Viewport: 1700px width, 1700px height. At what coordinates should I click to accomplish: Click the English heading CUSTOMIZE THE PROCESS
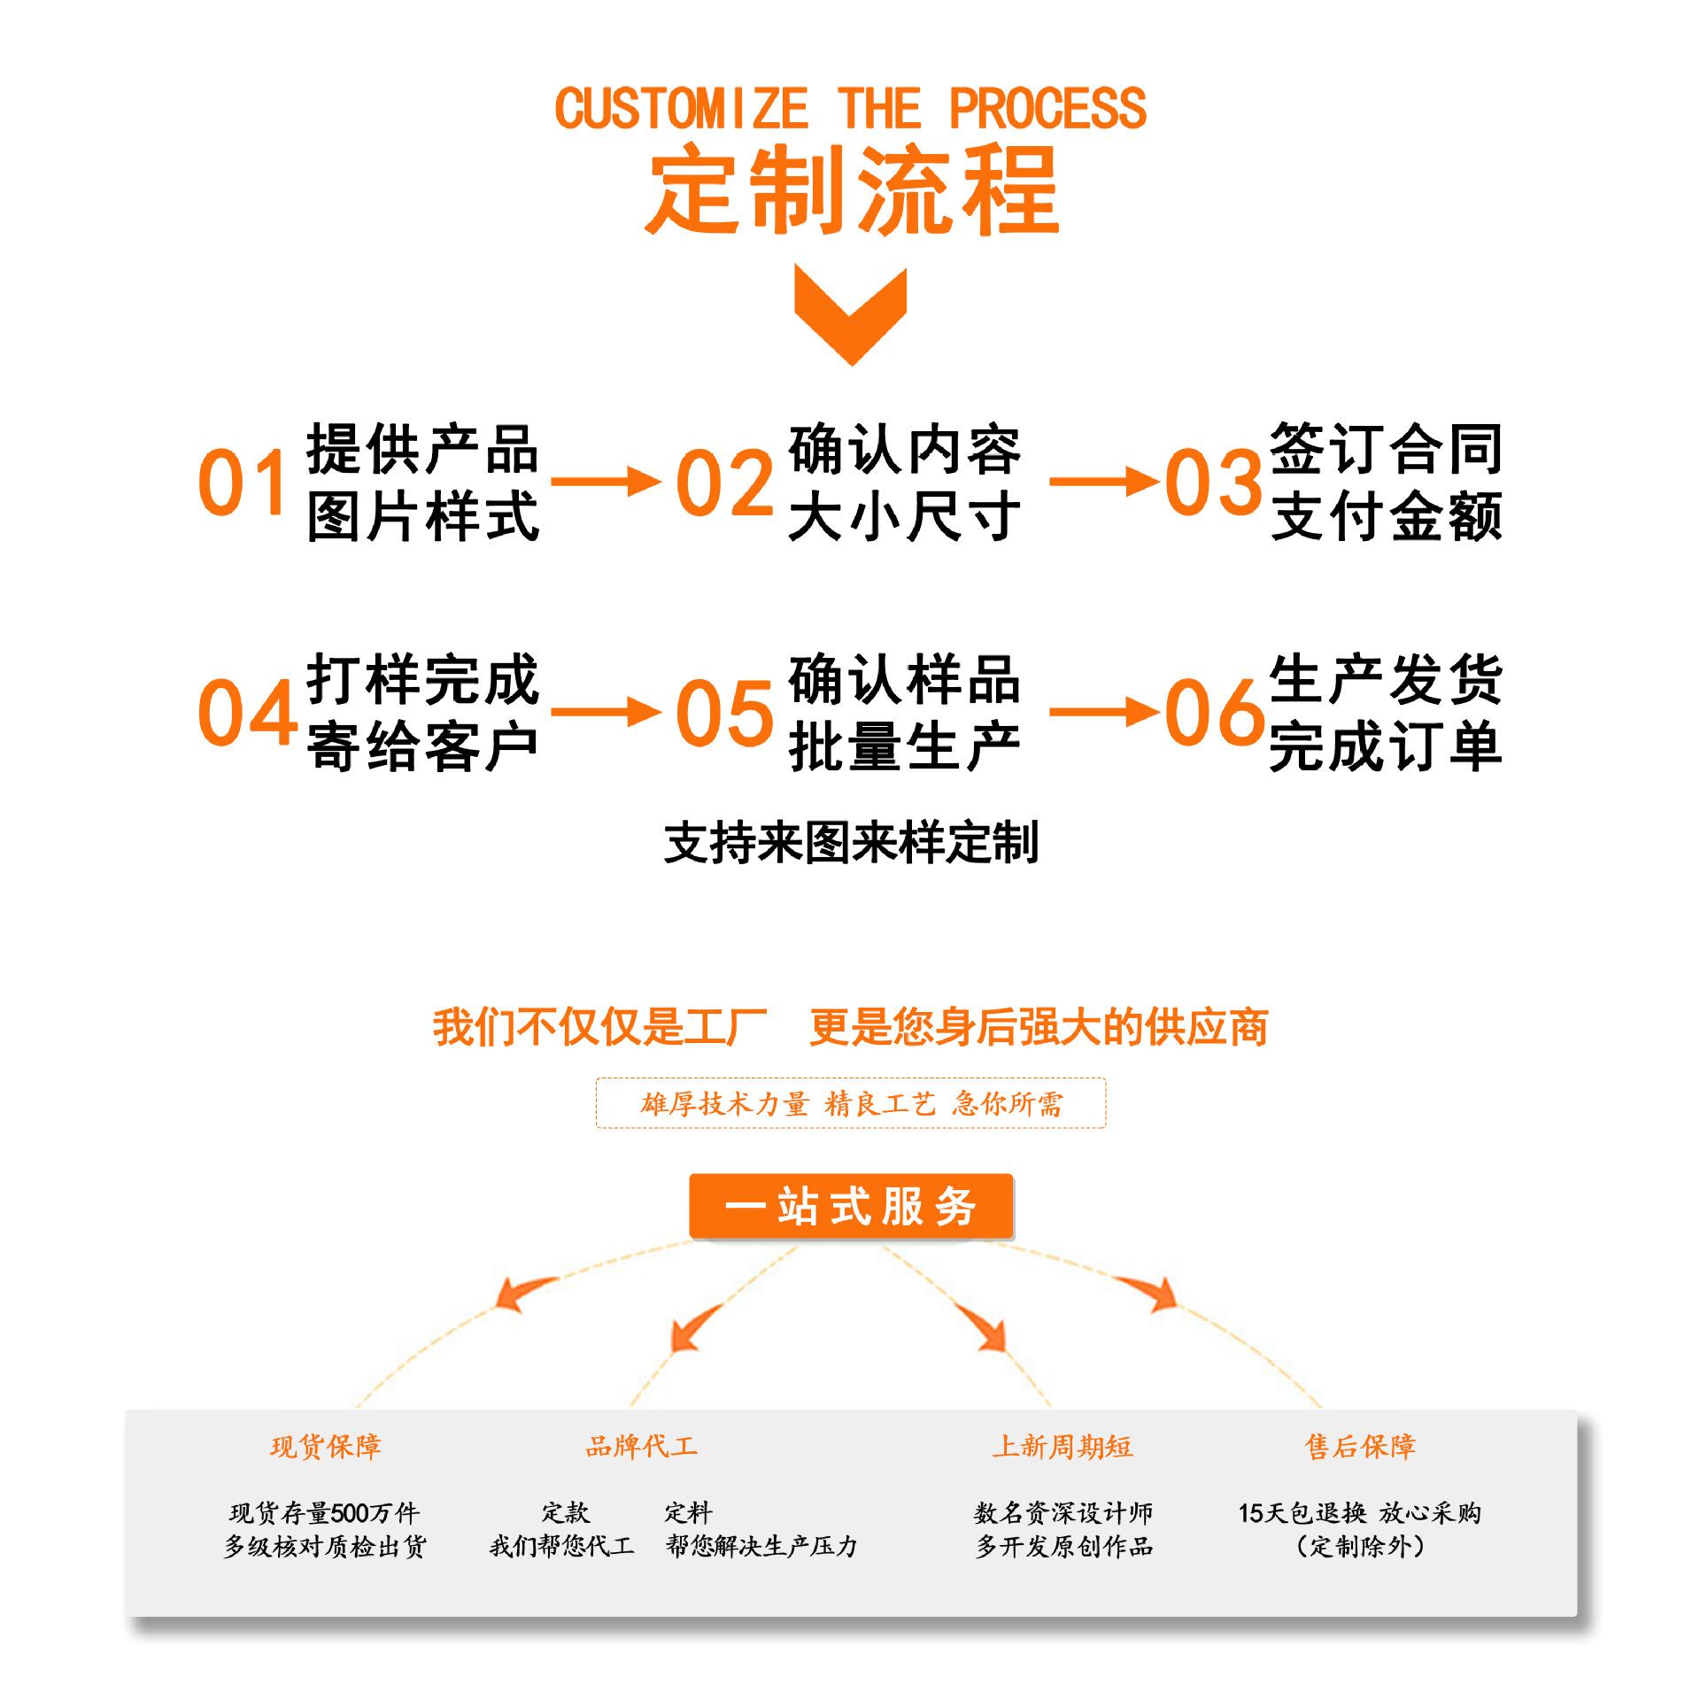click(x=850, y=109)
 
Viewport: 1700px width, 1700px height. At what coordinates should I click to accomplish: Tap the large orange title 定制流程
click(x=852, y=190)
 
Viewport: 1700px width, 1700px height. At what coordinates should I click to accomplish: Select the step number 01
click(x=242, y=482)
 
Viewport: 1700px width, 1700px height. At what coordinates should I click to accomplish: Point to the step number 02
click(x=724, y=482)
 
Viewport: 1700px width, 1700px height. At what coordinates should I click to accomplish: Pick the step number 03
click(x=1213, y=482)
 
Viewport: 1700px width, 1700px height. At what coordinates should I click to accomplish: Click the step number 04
click(x=247, y=711)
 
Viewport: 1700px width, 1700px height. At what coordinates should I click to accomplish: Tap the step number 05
click(x=724, y=711)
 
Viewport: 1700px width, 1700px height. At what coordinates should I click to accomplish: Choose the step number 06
click(x=1214, y=711)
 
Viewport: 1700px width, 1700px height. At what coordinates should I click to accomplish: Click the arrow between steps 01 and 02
click(x=607, y=482)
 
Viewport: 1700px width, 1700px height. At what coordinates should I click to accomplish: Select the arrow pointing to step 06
click(x=1104, y=711)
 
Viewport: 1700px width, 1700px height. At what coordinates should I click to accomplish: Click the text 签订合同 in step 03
click(x=1387, y=450)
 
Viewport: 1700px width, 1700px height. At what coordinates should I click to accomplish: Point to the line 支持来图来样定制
click(x=851, y=842)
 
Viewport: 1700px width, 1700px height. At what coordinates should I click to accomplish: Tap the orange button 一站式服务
click(x=851, y=1207)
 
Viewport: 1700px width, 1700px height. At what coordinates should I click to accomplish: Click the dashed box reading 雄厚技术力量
click(x=851, y=1103)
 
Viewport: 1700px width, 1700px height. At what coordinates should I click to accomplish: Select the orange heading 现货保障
click(x=326, y=1447)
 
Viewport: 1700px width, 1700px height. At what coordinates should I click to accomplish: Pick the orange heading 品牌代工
click(x=641, y=1447)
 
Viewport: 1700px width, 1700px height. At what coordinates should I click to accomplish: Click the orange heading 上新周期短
click(x=1062, y=1447)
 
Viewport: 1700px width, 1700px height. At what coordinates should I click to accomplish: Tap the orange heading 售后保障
click(x=1360, y=1447)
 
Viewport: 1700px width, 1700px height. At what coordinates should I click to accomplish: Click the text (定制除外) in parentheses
click(x=1360, y=1547)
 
